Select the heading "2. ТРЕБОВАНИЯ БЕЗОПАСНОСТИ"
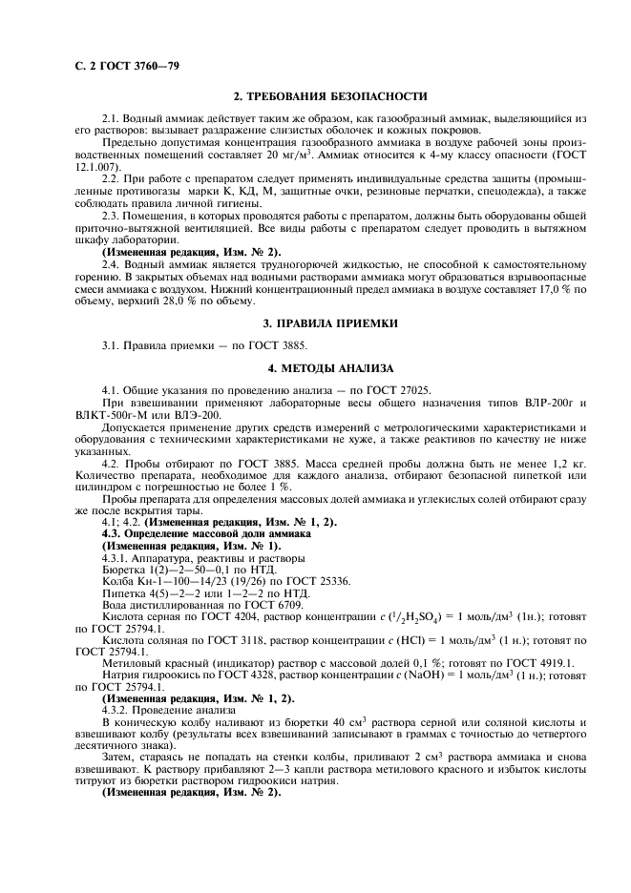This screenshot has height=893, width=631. point(330,96)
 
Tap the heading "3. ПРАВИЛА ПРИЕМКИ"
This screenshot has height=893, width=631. point(330,324)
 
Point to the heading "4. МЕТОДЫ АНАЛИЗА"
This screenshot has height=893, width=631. point(330,366)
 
